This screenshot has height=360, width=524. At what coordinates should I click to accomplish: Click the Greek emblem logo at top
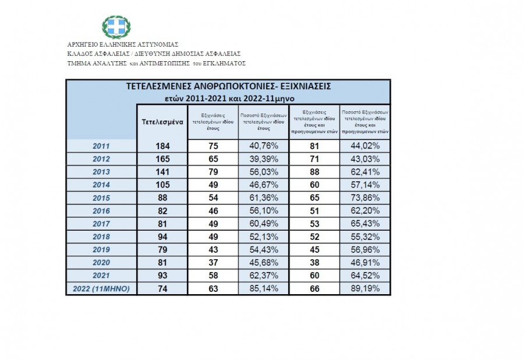(116, 27)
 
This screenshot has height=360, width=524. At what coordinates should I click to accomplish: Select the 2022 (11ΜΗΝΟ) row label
(101, 288)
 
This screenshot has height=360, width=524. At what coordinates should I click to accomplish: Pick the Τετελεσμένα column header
(163, 122)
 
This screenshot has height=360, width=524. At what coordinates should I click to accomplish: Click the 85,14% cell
(263, 288)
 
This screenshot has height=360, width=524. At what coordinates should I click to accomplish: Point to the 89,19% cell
(365, 288)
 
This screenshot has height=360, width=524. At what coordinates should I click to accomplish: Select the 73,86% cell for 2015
(365, 197)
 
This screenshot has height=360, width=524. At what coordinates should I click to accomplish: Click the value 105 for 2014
(163, 185)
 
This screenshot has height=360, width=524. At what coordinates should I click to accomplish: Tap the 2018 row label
(101, 237)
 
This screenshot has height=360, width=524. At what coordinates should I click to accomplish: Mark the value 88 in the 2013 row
(314, 172)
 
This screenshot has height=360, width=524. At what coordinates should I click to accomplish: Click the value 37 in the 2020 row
(213, 262)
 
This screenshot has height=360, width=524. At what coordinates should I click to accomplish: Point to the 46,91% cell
(365, 262)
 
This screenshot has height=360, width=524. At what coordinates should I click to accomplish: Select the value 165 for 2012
(163, 158)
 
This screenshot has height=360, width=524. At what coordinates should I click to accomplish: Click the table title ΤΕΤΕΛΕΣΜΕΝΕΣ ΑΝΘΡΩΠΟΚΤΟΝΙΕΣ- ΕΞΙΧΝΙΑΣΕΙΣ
(229, 86)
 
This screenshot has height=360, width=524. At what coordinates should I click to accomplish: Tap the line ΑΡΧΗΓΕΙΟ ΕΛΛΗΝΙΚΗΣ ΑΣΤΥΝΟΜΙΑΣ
(123, 44)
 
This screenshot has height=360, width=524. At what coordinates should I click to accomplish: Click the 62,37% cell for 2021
(263, 276)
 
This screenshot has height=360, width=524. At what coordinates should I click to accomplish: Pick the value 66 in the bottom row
(314, 288)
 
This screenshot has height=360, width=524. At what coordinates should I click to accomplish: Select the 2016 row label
(101, 210)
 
